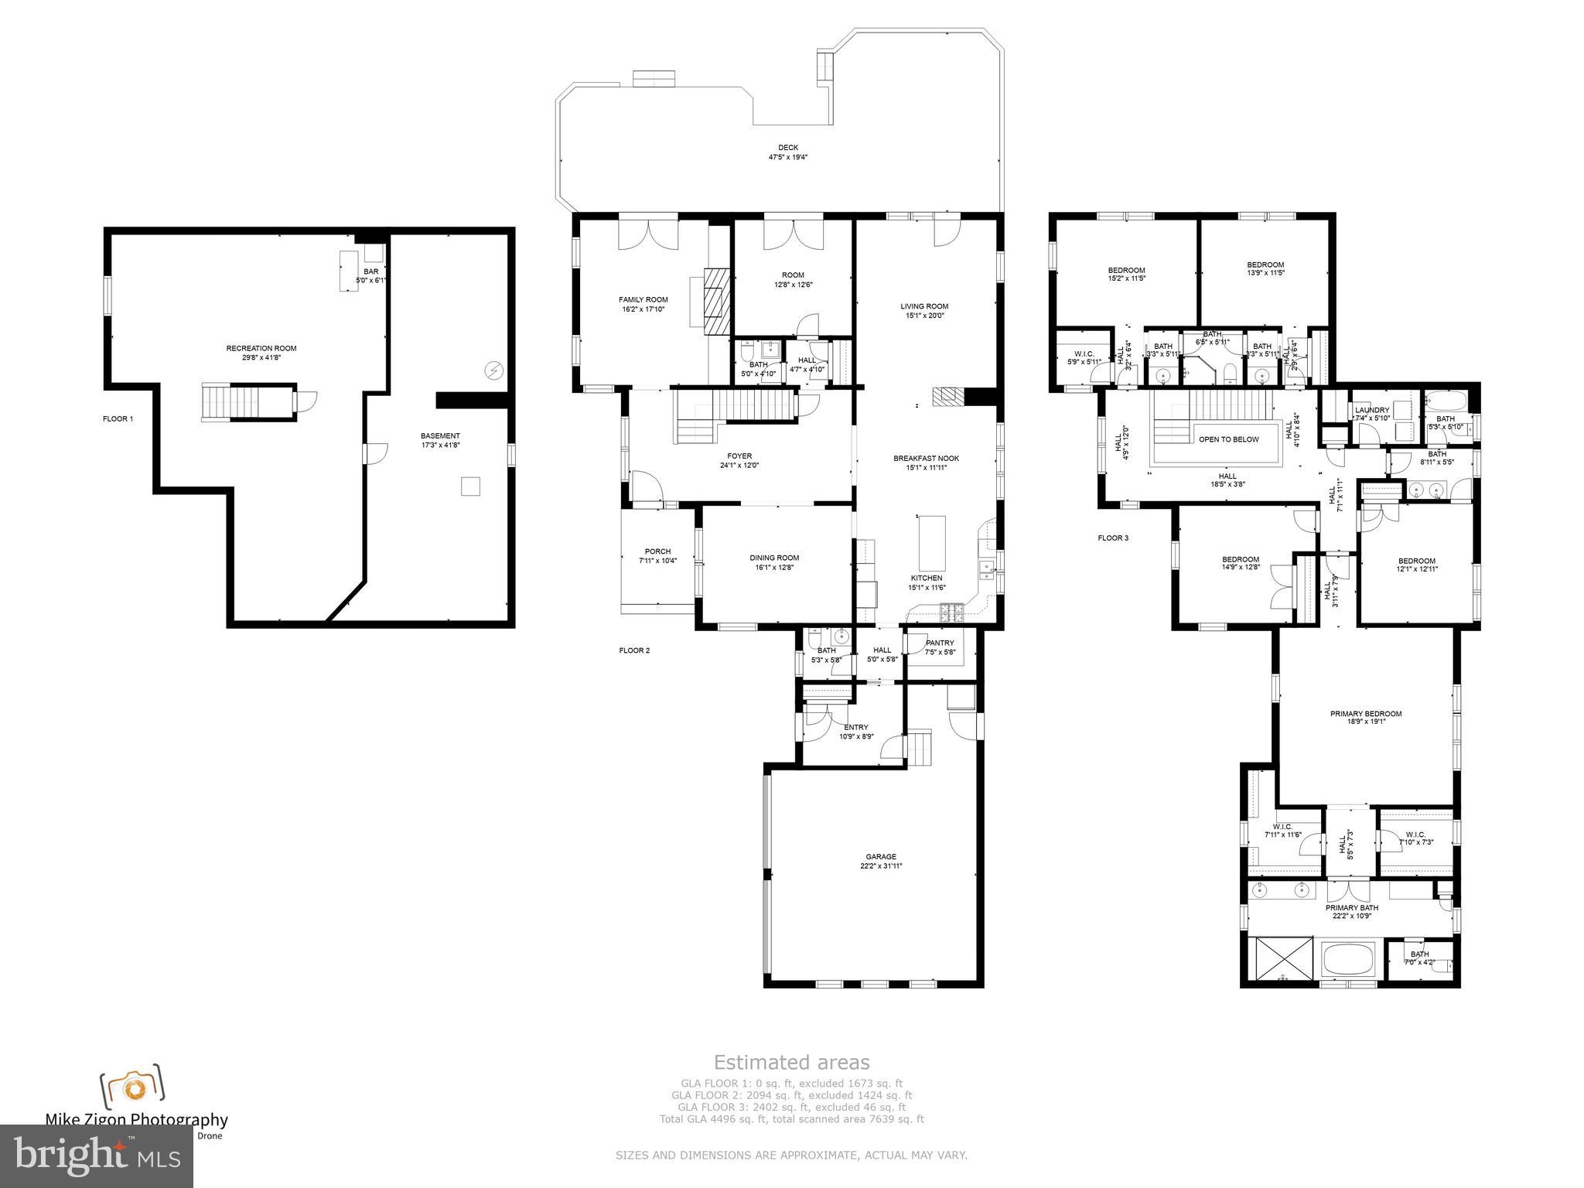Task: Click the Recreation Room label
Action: [x=261, y=348]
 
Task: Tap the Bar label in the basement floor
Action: [x=371, y=271]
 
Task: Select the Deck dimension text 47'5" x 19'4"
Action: [x=787, y=157]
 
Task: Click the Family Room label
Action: [x=643, y=299]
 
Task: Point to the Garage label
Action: [x=881, y=856]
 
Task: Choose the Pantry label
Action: [x=940, y=643]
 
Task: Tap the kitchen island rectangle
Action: [x=932, y=542]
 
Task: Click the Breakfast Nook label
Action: [x=926, y=458]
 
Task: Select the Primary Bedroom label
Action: [x=1365, y=714]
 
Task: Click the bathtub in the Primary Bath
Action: [x=1347, y=960]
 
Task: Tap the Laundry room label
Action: [x=1372, y=410]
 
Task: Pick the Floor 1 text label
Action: [x=118, y=419]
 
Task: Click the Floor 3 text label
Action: [x=1113, y=538]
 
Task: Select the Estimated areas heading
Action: [x=791, y=1062]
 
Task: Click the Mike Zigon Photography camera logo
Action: [x=132, y=1087]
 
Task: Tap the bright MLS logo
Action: [x=96, y=1156]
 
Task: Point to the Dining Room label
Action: [x=773, y=558]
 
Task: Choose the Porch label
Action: [x=657, y=551]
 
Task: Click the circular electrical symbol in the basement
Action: [x=493, y=370]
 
